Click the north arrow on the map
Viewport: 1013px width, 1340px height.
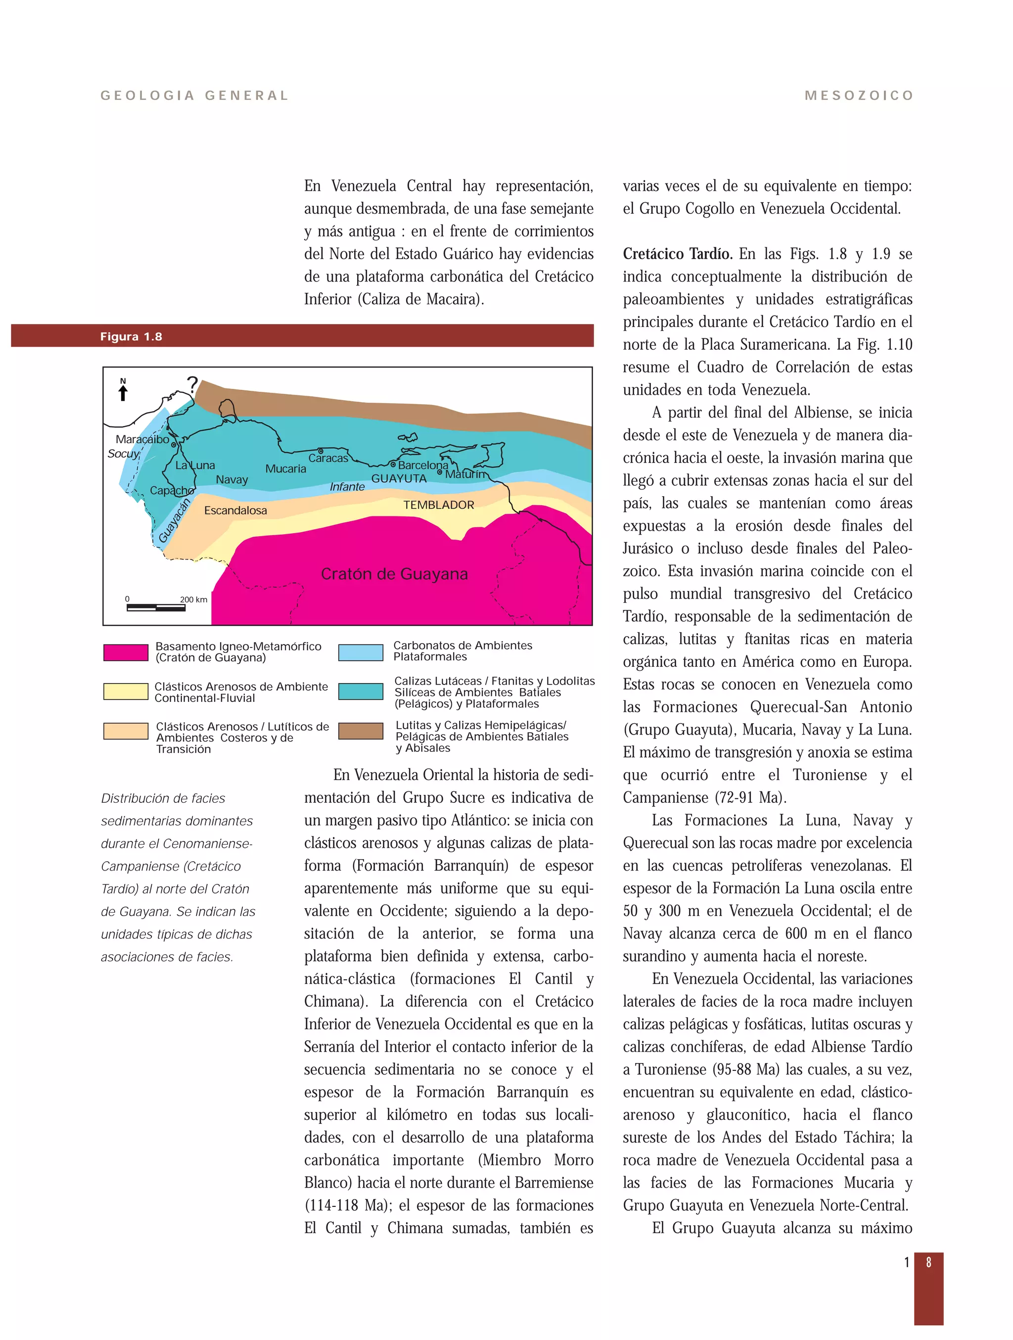(123, 391)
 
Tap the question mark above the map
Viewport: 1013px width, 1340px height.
(193, 384)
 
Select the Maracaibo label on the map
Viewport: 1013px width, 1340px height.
(142, 439)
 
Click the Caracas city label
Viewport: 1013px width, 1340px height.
(328, 458)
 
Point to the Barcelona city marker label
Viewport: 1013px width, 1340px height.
(423, 465)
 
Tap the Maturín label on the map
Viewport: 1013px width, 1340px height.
(464, 474)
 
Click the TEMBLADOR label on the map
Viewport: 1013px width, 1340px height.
(439, 505)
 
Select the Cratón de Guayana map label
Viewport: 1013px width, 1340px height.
(394, 574)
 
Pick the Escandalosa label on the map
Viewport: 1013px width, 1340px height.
(235, 510)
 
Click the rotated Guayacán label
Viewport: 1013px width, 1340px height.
(174, 521)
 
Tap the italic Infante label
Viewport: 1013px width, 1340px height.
(347, 486)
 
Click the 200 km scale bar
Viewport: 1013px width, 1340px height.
(156, 607)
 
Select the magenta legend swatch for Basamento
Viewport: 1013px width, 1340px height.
(126, 652)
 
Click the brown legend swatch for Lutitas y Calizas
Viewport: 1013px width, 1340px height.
(361, 731)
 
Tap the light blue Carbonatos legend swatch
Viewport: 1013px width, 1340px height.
(361, 652)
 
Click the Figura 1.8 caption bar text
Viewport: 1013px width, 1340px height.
(131, 337)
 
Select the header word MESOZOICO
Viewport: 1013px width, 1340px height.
(859, 96)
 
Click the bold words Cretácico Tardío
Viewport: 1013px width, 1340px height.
(677, 254)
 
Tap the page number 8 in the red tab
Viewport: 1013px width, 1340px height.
(928, 1262)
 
